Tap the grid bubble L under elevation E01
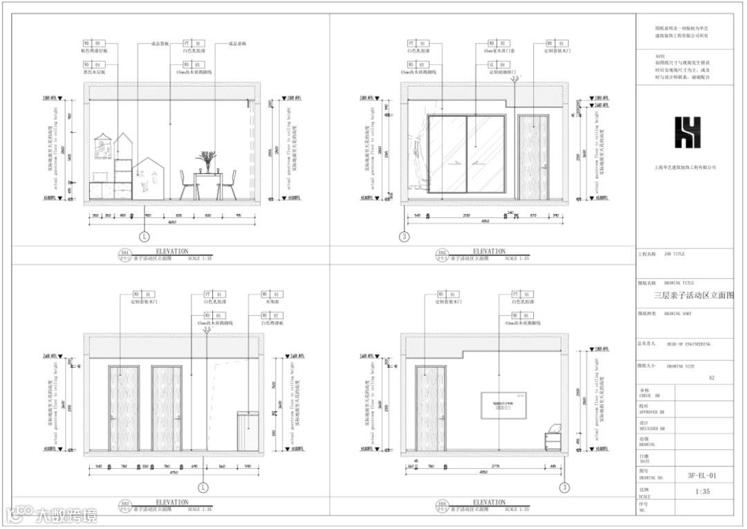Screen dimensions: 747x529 coord(145,236)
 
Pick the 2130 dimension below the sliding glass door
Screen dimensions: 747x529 coord(465,216)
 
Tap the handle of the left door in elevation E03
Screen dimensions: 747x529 coord(113,417)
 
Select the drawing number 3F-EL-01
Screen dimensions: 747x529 coord(701,476)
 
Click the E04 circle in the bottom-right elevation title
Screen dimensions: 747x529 coord(441,505)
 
